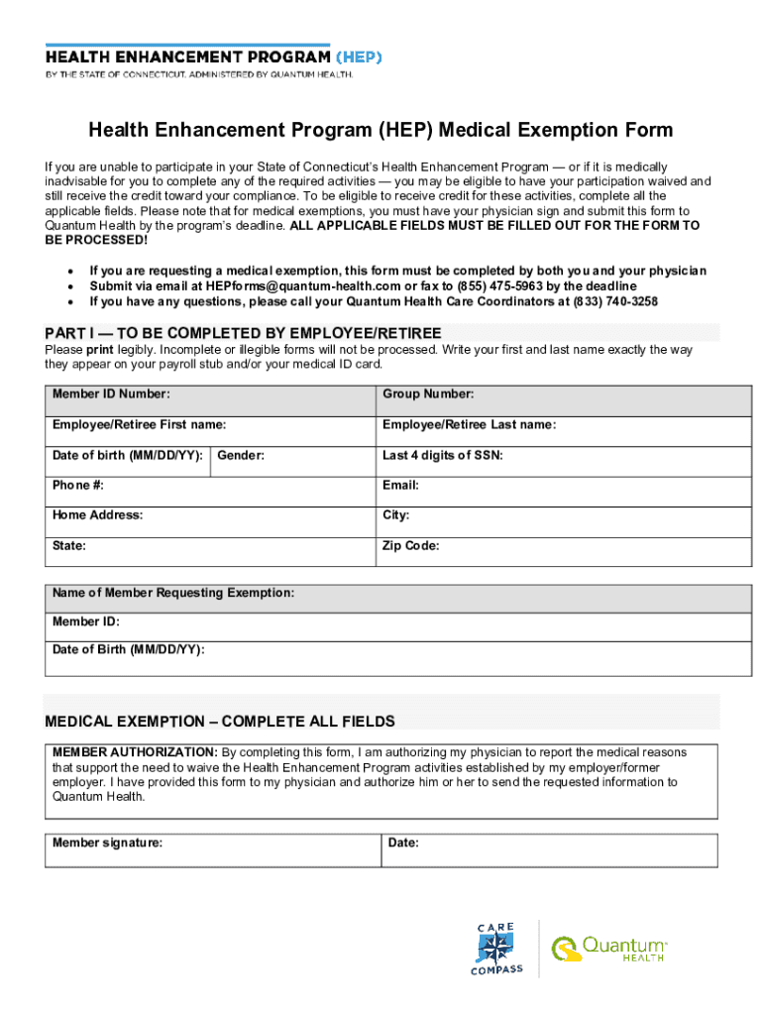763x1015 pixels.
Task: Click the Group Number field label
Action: tap(428, 395)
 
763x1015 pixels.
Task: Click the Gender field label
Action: tap(241, 456)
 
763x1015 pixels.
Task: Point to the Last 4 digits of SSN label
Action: tap(443, 456)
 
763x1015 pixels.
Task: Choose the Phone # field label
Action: tap(78, 486)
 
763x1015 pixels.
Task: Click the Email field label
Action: tap(400, 486)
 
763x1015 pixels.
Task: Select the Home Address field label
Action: tap(97, 515)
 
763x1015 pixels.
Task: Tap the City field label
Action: tap(395, 515)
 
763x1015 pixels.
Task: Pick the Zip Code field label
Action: tap(410, 546)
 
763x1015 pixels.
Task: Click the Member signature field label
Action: tap(107, 843)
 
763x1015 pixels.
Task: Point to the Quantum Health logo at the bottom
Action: tap(609, 949)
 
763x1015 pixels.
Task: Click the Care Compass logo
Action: tap(496, 949)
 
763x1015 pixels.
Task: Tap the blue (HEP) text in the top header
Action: tap(359, 56)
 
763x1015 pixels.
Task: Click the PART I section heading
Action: tap(243, 332)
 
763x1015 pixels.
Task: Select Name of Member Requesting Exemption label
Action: tap(173, 593)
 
